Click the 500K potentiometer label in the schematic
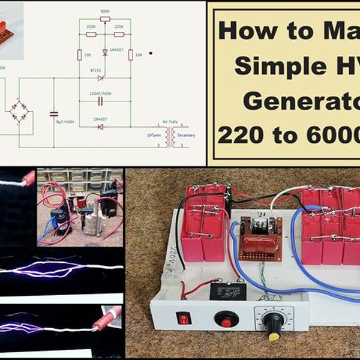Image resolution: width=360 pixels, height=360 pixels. click(105, 11)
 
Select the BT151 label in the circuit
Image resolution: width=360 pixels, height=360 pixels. click(96, 70)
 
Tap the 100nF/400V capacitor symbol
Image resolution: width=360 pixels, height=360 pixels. click(100, 101)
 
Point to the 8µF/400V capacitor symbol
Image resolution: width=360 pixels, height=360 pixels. click(53, 113)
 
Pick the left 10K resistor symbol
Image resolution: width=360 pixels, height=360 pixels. click(79, 55)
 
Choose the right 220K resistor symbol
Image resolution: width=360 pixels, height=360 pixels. click(119, 34)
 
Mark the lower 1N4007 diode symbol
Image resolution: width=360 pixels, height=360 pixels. click(100, 127)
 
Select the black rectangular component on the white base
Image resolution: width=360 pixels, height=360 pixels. click(227, 291)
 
